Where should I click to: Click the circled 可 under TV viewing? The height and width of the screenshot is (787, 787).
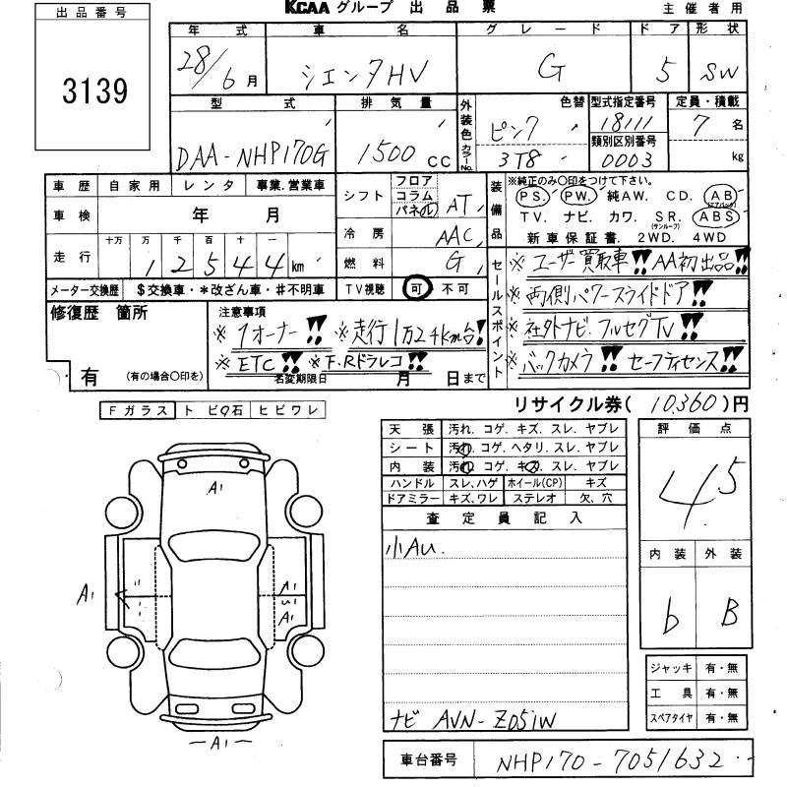pos(417,288)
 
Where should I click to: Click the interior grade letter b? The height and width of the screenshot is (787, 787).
pos(672,618)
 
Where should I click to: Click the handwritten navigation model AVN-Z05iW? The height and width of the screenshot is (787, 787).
pos(483,716)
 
